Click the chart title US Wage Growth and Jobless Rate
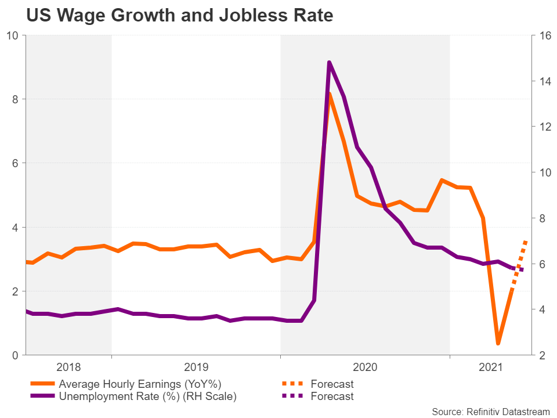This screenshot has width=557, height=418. pos(179,15)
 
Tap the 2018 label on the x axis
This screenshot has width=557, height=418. pos(69,367)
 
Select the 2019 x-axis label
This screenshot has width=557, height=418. pos(196,367)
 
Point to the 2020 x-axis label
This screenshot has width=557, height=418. pos(365,367)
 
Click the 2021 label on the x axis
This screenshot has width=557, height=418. pos(490,367)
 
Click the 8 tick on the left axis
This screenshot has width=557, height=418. pos(16,99)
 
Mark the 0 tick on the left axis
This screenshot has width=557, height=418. pos(16,355)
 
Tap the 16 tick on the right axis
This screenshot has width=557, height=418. pos(544,35)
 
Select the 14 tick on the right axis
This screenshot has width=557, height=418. pos(544,81)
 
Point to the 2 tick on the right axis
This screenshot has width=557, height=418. pos(542,355)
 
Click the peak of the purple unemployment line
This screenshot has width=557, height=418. pos(329,62)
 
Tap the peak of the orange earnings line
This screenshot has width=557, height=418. pos(330,94)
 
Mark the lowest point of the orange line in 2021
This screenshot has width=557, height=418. pos(498,344)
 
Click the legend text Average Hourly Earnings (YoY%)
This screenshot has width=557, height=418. pos(140,384)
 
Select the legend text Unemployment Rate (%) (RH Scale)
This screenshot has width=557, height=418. pos(147,397)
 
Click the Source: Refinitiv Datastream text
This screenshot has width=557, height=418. pos(490,411)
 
